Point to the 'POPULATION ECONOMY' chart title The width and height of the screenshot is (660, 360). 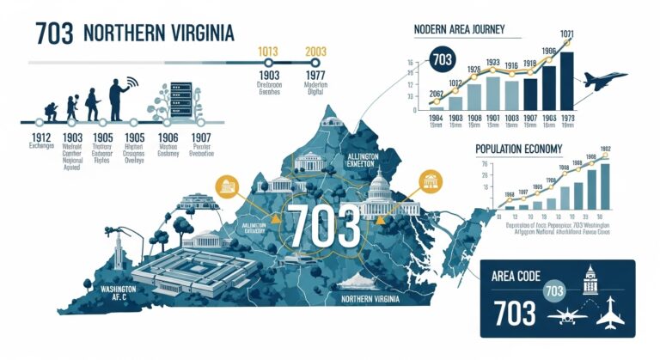(519, 149)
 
